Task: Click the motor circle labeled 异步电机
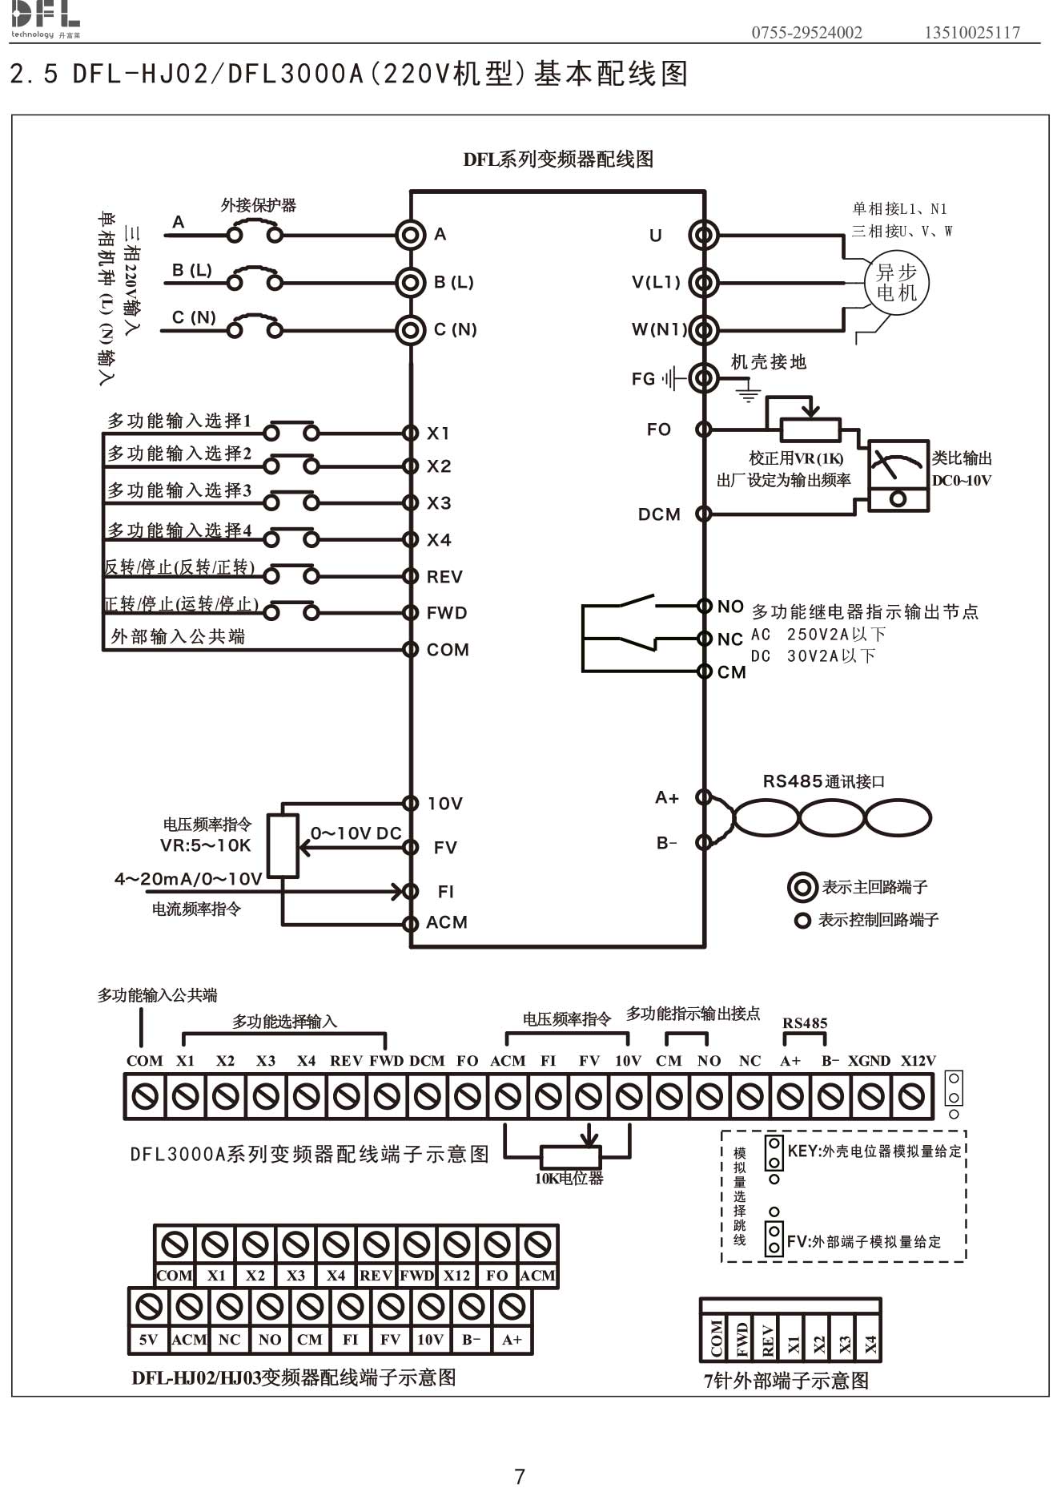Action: pos(896,284)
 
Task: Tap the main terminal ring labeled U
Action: pos(704,235)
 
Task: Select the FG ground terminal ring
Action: pos(704,377)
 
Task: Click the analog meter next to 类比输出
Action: pos(898,475)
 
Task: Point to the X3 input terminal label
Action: pos(439,503)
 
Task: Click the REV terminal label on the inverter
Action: pos(444,577)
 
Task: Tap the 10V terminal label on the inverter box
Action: pos(445,804)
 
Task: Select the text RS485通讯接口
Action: pos(823,781)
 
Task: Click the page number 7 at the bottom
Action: pos(520,1476)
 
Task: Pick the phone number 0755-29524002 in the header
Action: pos(806,33)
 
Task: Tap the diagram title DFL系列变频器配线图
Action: pos(558,159)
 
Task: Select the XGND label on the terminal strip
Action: pos(869,1061)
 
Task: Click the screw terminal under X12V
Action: pos(911,1096)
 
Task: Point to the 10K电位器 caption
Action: pos(569,1179)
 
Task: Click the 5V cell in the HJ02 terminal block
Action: pos(148,1340)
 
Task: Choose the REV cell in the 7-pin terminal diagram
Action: pos(767,1339)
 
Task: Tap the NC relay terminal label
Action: pos(730,639)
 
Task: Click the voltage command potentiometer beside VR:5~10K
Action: pos(283,846)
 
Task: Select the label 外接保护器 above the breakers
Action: pos(259,205)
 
